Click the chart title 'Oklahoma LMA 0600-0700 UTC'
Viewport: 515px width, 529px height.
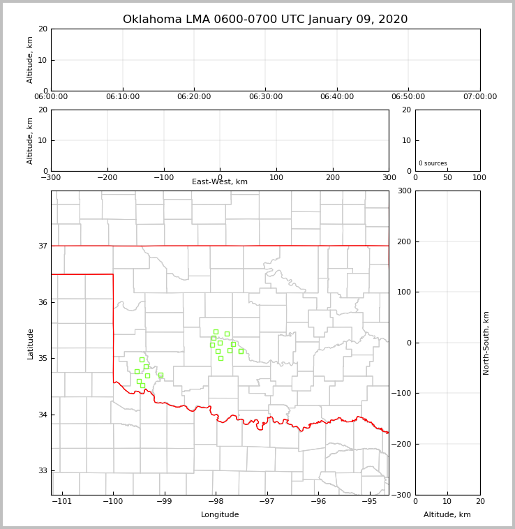[265, 20]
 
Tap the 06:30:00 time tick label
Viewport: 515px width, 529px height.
[265, 97]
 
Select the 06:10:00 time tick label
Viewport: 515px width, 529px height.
[123, 97]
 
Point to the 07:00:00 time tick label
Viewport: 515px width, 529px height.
[479, 97]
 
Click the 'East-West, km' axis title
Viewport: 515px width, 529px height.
[220, 182]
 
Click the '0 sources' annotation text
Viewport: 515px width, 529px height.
[433, 163]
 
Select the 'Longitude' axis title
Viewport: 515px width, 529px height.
[220, 515]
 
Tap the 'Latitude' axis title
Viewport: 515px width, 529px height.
[31, 343]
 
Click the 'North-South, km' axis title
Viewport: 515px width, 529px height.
[487, 343]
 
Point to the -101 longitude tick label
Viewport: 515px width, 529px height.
[62, 502]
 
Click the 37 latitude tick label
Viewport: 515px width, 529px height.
[42, 246]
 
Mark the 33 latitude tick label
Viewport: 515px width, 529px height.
[42, 471]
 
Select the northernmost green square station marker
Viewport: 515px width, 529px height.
[216, 331]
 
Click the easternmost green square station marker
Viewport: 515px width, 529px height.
[241, 351]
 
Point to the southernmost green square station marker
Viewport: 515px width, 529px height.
[142, 385]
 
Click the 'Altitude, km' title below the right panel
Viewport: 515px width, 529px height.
[447, 515]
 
